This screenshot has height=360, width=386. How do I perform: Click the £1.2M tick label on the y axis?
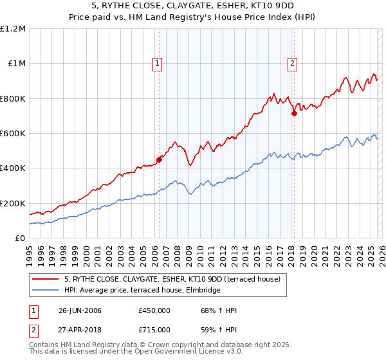(13, 29)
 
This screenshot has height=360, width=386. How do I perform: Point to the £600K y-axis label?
(13, 134)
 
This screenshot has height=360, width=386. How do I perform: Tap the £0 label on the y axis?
(20, 239)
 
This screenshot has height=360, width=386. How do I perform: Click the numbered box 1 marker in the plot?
(158, 63)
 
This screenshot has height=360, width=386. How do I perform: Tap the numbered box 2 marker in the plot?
(292, 63)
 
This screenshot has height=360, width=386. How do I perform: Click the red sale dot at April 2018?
(294, 114)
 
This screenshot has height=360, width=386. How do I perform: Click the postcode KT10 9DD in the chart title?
(244, 7)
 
